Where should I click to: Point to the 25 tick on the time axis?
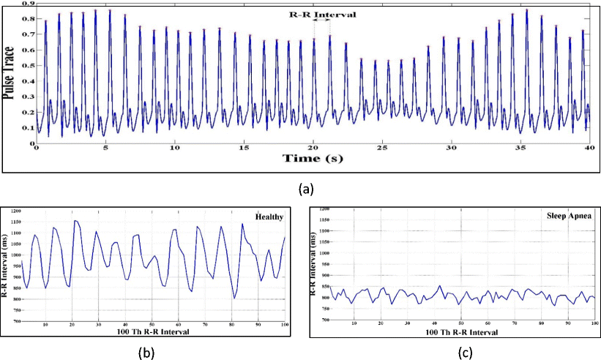[381, 148]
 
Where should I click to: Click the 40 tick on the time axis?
[588, 148]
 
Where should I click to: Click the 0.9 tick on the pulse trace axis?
[26, 4]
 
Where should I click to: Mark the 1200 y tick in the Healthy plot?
[14, 211]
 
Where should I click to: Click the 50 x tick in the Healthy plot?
[152, 325]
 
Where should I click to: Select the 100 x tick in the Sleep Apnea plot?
[594, 323]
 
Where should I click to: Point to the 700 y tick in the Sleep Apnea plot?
[326, 320]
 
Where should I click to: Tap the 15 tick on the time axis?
[242, 148]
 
